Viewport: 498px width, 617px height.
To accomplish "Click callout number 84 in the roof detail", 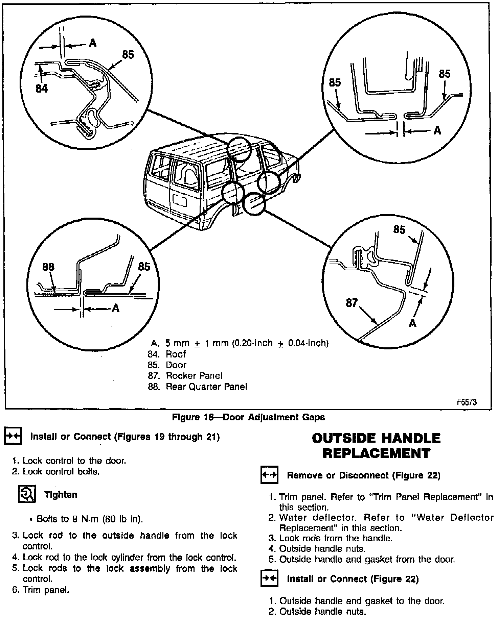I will point(42,89).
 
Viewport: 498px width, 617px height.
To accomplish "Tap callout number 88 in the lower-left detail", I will point(48,267).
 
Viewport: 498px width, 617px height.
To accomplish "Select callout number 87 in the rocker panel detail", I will point(352,302).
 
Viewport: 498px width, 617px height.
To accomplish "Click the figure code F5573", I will point(467,402).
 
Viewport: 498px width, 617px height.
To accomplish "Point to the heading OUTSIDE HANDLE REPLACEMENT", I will point(376,446).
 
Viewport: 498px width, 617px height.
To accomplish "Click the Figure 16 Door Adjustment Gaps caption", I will point(248,417).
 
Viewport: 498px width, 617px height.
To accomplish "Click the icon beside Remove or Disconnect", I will point(269,475).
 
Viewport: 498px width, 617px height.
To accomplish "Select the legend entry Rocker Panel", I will point(194,376).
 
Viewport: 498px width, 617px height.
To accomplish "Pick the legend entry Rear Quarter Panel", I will point(206,387).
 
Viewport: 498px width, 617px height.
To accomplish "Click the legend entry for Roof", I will point(176,354).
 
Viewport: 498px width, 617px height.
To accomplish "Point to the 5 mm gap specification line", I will point(246,343).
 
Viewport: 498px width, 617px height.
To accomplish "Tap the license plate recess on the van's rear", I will point(179,200).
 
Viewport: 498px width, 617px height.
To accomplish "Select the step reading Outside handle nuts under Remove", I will point(322,549).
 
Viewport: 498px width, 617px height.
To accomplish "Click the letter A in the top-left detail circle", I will point(92,44).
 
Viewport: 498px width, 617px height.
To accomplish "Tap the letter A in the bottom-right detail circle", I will point(412,323).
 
